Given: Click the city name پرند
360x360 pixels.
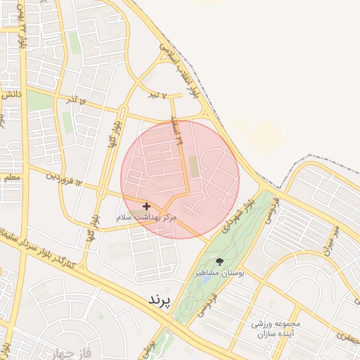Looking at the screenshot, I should [x=159, y=300].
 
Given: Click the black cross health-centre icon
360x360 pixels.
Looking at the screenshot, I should [x=146, y=206].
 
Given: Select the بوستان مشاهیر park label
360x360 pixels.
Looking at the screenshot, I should [x=219, y=272].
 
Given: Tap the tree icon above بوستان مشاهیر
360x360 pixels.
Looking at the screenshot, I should [x=220, y=262].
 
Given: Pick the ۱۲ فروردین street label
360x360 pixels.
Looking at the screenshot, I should [x=65, y=179].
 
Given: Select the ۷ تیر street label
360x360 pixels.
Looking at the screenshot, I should [x=156, y=94].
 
